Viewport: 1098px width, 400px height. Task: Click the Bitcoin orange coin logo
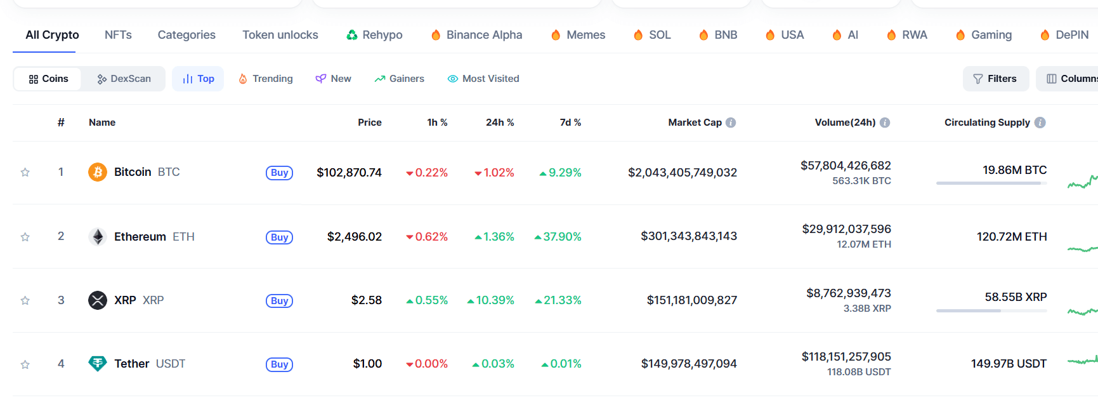pyautogui.click(x=98, y=172)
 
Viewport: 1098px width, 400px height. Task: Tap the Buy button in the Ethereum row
pyautogui.click(x=279, y=237)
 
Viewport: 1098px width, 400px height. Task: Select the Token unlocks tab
pyautogui.click(x=280, y=35)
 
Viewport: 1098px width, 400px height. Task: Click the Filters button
pyautogui.click(x=995, y=79)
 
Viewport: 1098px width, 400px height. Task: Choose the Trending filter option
pyautogui.click(x=266, y=79)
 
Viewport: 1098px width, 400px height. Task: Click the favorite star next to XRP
pyautogui.click(x=25, y=300)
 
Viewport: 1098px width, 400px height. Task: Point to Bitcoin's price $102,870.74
pyautogui.click(x=349, y=173)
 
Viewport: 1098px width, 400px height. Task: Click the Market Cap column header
pyautogui.click(x=695, y=123)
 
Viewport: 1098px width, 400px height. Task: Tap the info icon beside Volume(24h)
pyautogui.click(x=885, y=123)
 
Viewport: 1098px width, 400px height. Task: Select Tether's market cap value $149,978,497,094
pyautogui.click(x=689, y=364)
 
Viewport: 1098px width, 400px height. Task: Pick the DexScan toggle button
pyautogui.click(x=124, y=79)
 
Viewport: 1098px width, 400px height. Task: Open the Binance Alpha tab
pyautogui.click(x=477, y=35)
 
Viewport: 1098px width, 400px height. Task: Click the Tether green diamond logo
pyautogui.click(x=98, y=363)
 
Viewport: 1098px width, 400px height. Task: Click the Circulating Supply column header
pyautogui.click(x=987, y=123)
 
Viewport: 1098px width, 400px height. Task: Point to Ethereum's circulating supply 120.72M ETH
pyautogui.click(x=1012, y=237)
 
